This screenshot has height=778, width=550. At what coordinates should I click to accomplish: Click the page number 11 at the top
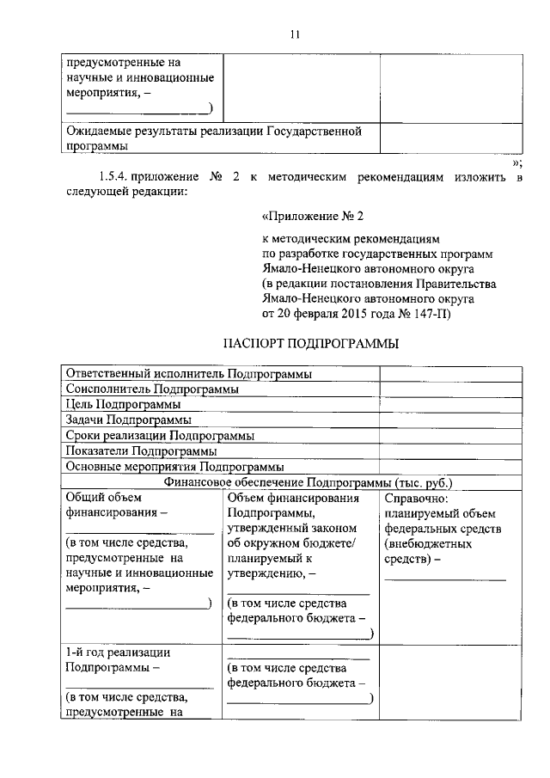294,34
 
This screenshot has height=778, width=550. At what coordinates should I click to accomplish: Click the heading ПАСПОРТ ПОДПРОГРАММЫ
292,344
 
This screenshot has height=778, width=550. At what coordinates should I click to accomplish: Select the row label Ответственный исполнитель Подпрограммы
188,374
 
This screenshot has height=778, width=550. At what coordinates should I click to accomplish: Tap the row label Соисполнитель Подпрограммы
152,389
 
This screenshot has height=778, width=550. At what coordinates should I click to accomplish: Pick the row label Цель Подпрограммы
123,405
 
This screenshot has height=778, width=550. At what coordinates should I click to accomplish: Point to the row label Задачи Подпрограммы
128,420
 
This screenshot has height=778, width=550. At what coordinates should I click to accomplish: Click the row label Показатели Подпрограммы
140,450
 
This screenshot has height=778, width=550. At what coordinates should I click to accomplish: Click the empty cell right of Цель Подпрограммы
450,405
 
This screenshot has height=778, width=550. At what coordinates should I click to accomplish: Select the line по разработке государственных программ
378,254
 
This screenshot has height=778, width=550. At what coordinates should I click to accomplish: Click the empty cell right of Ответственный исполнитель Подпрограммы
450,374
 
